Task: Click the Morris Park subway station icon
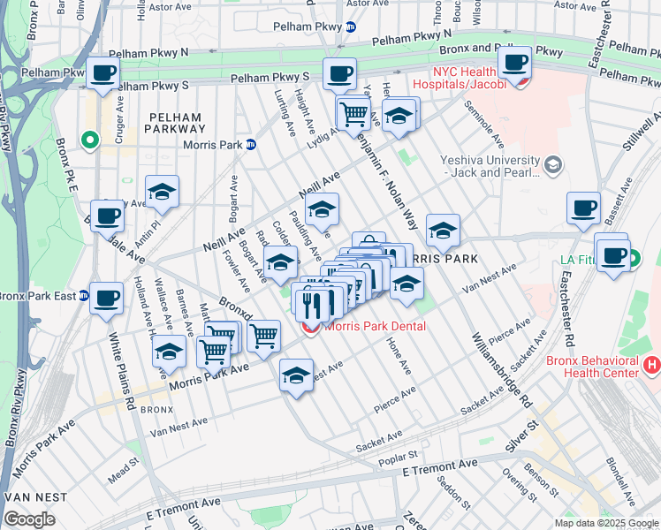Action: [250, 145]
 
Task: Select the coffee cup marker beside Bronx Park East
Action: [107, 299]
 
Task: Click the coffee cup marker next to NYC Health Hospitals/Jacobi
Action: [514, 63]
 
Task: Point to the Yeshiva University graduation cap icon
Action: [552, 164]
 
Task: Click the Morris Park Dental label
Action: [375, 326]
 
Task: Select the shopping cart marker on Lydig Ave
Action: [353, 113]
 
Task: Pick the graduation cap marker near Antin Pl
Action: [163, 192]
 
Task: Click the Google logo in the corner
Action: [29, 519]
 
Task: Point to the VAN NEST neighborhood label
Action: [34, 497]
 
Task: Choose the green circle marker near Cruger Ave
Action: [89, 139]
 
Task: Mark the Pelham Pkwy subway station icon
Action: [351, 26]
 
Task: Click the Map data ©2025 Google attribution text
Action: [606, 522]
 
